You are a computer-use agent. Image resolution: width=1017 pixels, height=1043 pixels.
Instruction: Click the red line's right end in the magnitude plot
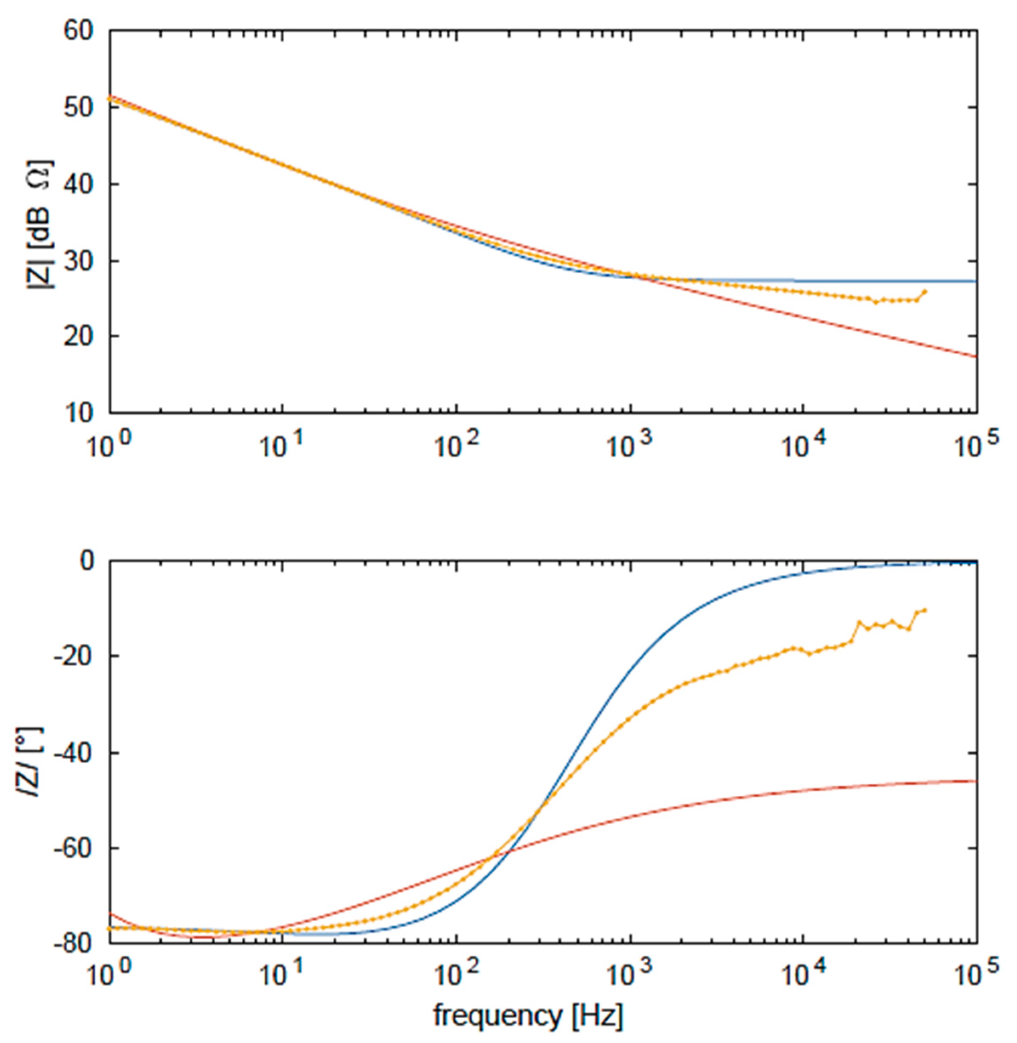[x=976, y=356]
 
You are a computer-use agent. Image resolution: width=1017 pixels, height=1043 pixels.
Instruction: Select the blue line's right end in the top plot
[x=976, y=281]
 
